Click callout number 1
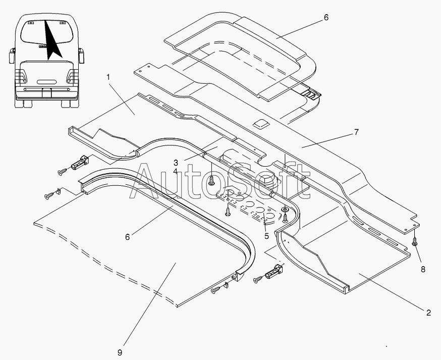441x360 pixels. pos(108,77)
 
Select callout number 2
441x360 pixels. pos(428,313)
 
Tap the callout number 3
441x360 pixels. pos(176,163)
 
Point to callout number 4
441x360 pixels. pos(176,171)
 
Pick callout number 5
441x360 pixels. pos(266,236)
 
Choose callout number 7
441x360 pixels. pos(356,132)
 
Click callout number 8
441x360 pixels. pos(423,269)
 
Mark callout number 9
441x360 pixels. pos(120,352)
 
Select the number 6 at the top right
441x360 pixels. pos(326,18)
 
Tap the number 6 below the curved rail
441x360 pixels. pos(128,237)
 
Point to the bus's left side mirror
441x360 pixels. pos(12,56)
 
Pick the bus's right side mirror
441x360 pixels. pos(81,56)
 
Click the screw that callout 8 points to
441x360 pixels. pos(415,241)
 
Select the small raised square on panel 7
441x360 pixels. pos(261,124)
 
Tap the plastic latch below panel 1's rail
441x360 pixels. pos(80,163)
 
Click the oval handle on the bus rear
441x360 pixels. pos(47,82)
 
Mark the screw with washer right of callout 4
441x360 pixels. pos(211,180)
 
